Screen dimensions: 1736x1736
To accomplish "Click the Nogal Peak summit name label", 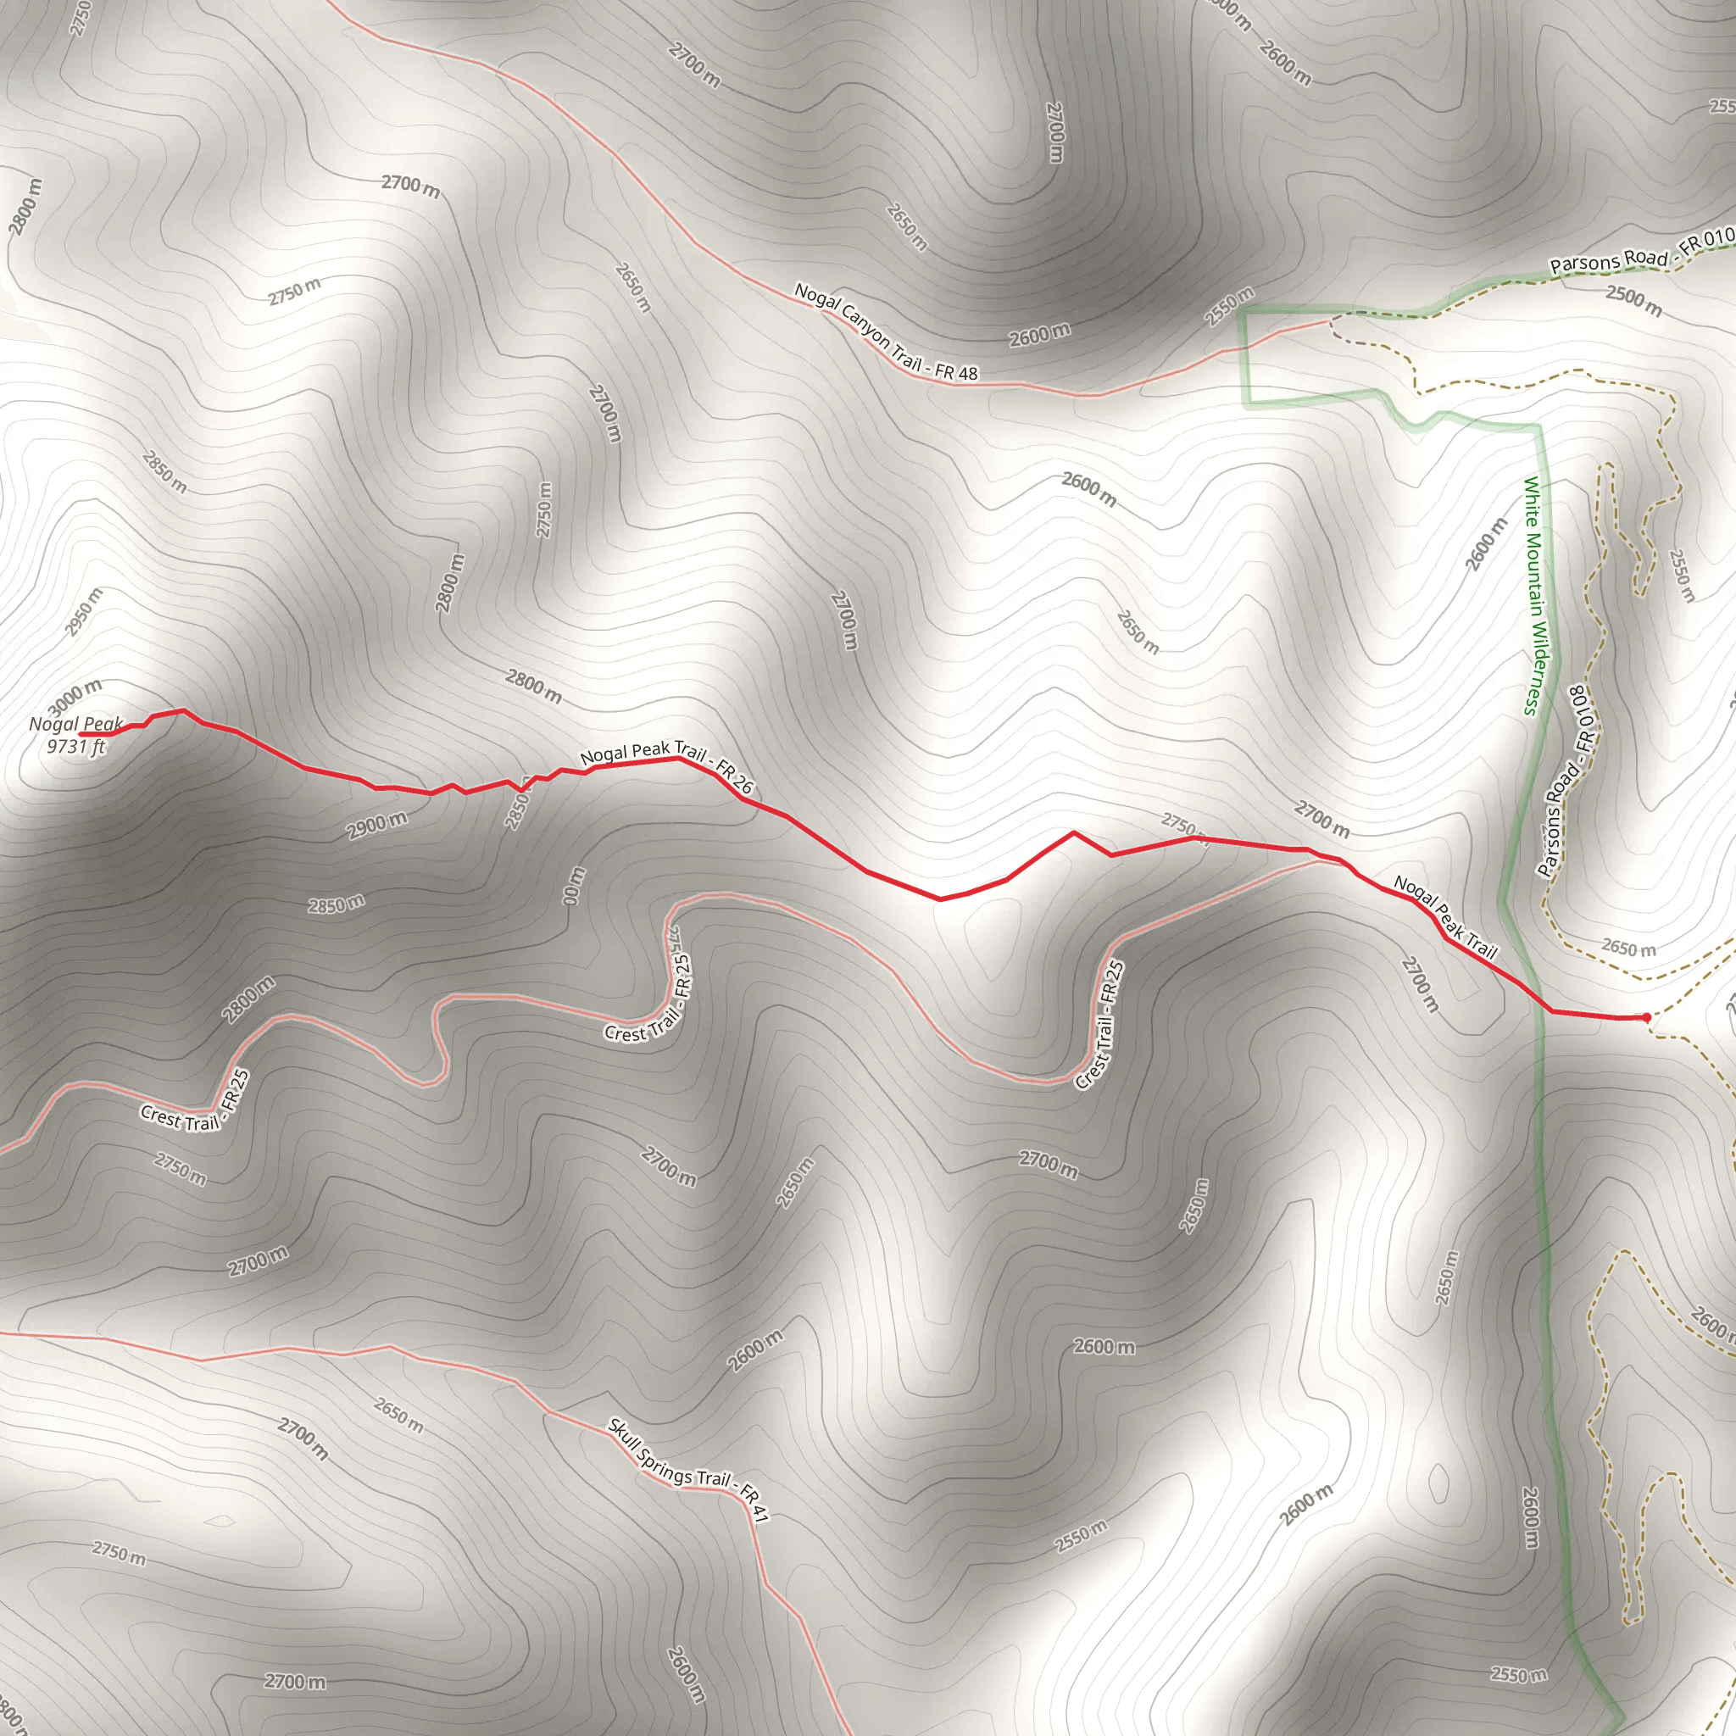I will [x=75, y=724].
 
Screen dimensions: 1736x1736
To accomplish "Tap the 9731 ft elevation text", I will [x=75, y=746].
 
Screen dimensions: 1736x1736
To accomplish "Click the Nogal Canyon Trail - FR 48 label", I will [x=885, y=331].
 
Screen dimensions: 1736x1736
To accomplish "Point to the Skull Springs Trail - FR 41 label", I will [x=688, y=1470].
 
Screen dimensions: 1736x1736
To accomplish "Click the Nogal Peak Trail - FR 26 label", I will [x=667, y=767].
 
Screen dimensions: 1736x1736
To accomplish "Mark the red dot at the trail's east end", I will [x=1646, y=1017].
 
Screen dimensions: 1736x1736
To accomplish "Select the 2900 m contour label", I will [x=377, y=825].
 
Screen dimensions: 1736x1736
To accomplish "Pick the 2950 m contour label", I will [x=84, y=612].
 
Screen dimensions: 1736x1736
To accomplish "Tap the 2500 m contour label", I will [x=1634, y=300].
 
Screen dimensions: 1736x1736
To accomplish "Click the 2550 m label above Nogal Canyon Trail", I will [x=1229, y=306].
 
